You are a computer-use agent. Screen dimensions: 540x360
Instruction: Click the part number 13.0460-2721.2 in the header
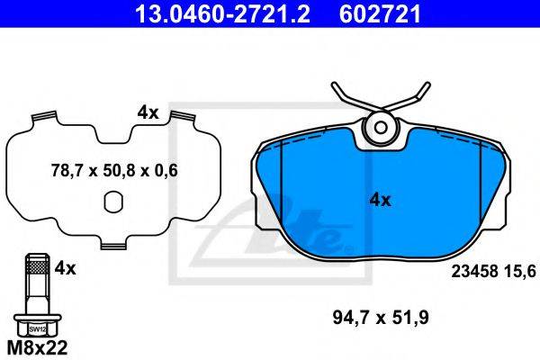pyautogui.click(x=223, y=13)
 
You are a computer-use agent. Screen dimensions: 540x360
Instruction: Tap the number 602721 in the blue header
pyautogui.click(x=380, y=13)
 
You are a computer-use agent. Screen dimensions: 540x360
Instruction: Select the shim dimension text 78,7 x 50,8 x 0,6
pyautogui.click(x=114, y=170)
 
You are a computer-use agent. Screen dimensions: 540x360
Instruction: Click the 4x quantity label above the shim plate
pyautogui.click(x=148, y=112)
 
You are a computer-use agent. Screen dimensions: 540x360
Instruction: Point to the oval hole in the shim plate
pyautogui.click(x=113, y=202)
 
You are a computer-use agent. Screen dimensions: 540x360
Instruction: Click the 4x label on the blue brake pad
pyautogui.click(x=380, y=200)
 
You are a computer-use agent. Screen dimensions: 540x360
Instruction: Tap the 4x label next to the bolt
pyautogui.click(x=65, y=268)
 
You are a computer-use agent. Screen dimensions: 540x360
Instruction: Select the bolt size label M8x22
pyautogui.click(x=38, y=348)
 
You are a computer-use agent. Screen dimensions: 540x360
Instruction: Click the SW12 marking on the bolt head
pyautogui.click(x=37, y=329)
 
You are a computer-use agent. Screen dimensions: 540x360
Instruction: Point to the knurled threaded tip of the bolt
pyautogui.click(x=38, y=264)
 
